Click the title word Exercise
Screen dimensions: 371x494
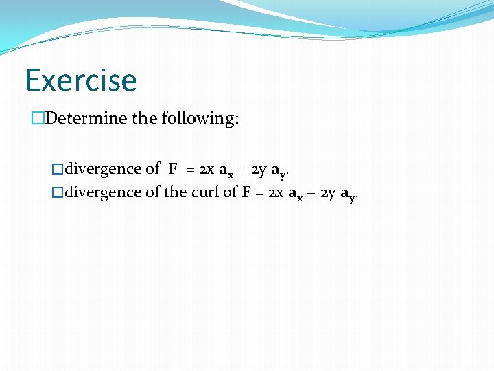[x=81, y=80]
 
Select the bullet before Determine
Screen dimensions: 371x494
[x=38, y=118]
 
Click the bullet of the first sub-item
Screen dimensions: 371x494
[x=58, y=168]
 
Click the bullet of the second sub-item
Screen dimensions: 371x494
[x=58, y=192]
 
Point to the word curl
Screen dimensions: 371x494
[x=204, y=192]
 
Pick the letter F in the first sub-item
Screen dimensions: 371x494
[x=173, y=168]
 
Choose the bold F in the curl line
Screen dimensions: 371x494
[x=246, y=192]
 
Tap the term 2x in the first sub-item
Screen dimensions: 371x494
[x=207, y=169]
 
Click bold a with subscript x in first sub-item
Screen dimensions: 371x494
[x=226, y=170]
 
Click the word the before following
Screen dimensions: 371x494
[x=144, y=118]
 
